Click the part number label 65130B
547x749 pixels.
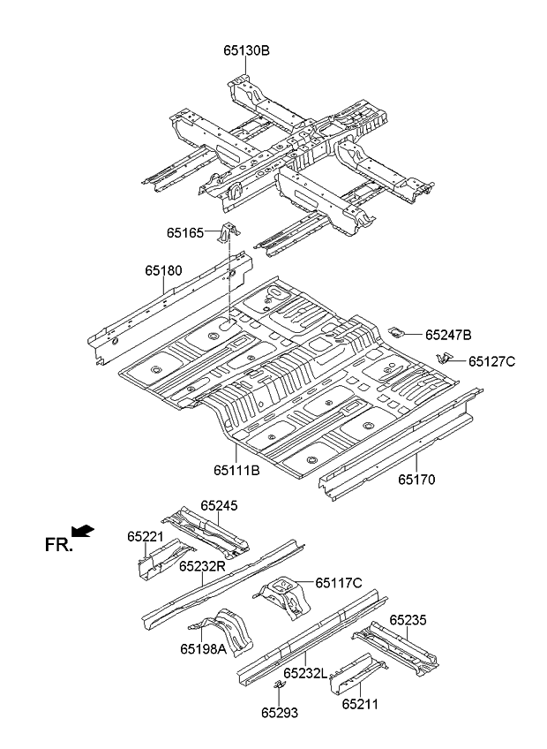tap(246, 50)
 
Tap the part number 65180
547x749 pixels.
tap(164, 271)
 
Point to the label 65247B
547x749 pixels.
tap(448, 335)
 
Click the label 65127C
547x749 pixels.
tap(491, 361)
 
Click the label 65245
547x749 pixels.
tap(219, 505)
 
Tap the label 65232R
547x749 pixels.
tap(203, 566)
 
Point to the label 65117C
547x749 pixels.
tap(339, 583)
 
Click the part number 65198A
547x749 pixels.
tap(204, 649)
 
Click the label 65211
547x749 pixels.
tap(360, 704)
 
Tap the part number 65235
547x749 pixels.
tap(408, 621)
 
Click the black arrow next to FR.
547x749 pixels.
tap(82, 530)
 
